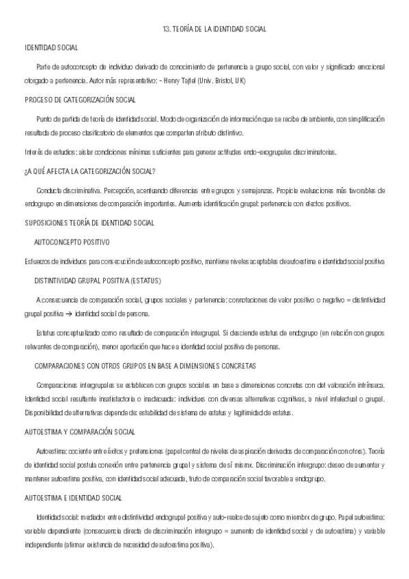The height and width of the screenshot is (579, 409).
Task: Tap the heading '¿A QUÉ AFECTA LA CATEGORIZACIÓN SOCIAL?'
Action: tap(90, 171)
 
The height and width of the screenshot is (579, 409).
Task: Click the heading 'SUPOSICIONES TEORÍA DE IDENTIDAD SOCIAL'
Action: tap(89, 223)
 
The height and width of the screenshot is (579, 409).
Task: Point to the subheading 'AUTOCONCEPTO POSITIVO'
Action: tap(72, 242)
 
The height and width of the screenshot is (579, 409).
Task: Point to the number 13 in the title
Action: tap(167, 29)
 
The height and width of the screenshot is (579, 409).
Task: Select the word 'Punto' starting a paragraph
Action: tap(44, 119)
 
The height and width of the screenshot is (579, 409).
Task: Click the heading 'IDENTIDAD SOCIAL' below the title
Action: tap(51, 48)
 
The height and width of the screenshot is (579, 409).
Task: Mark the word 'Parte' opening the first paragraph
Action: tap(44, 67)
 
